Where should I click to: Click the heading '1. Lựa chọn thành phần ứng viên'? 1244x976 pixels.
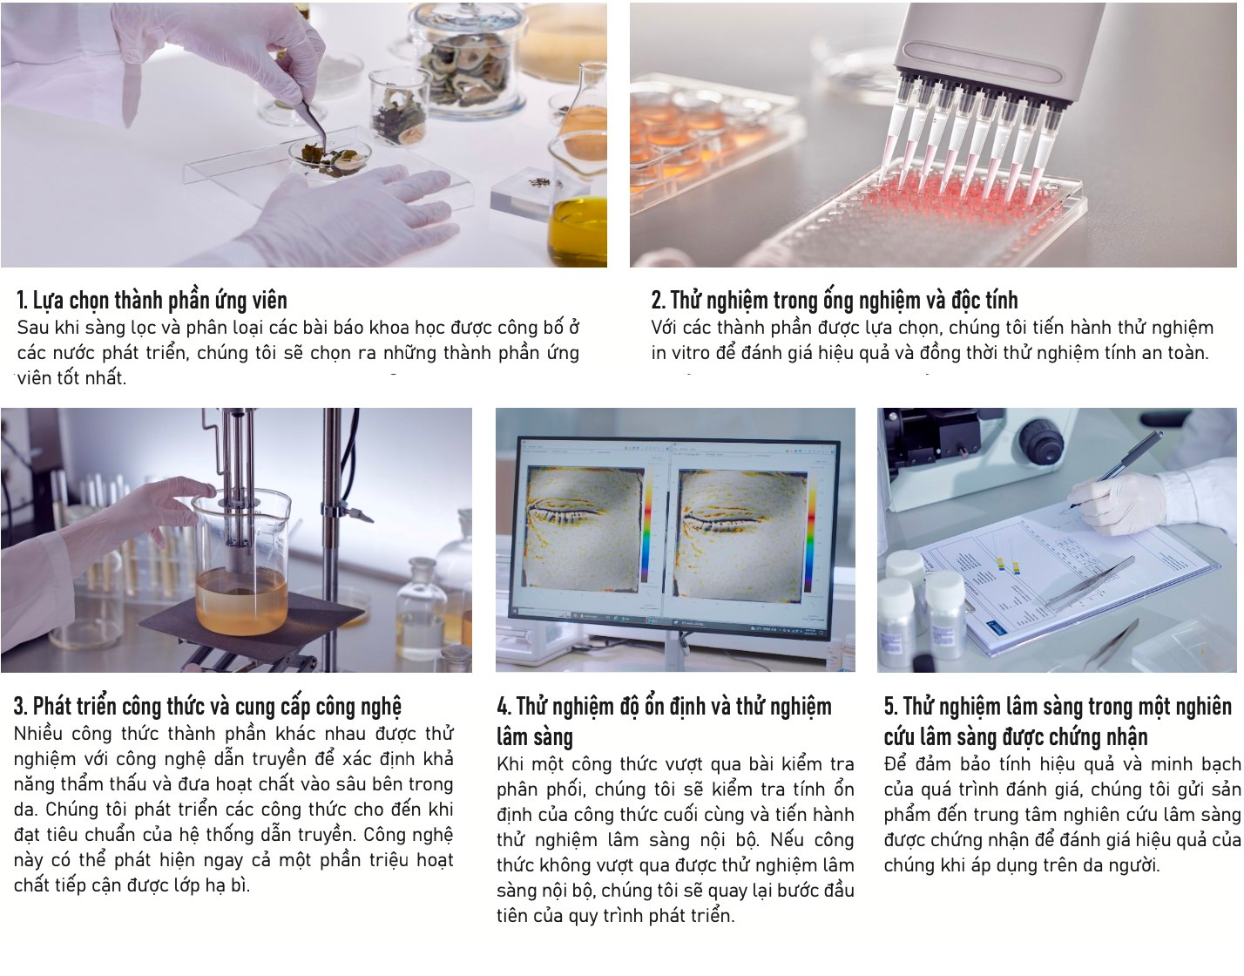coord(152,300)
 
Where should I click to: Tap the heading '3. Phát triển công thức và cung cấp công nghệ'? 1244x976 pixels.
coord(207,707)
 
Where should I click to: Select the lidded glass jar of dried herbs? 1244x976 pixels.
coord(467,60)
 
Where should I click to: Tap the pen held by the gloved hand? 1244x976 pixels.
coord(1113,471)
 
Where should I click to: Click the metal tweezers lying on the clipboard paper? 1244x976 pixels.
coord(1091,582)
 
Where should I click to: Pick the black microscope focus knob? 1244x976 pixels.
coord(1043,441)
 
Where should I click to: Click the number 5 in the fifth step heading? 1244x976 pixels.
coord(889,707)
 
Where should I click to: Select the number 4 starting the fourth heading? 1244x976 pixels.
coord(502,707)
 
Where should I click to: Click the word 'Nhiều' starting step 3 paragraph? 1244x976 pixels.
coord(37,734)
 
